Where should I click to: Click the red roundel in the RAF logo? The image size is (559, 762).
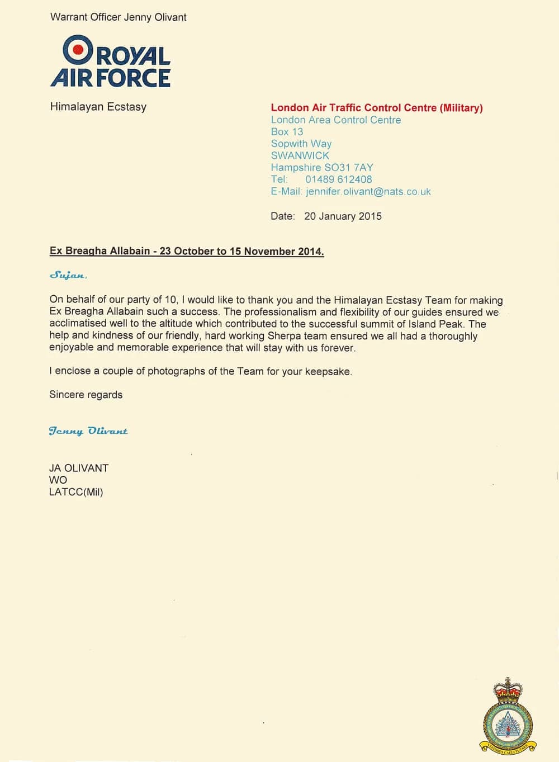(x=78, y=50)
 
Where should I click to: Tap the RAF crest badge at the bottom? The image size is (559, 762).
(x=508, y=716)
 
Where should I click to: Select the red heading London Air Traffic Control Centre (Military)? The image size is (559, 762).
(x=377, y=108)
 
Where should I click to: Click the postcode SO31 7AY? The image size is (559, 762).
(x=348, y=167)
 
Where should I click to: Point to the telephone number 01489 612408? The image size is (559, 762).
(x=338, y=179)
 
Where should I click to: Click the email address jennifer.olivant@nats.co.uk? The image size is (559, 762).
(x=368, y=191)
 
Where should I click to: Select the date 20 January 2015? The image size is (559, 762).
(x=343, y=216)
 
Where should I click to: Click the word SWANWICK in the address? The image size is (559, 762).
(x=300, y=155)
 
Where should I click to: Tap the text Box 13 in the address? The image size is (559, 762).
(x=287, y=132)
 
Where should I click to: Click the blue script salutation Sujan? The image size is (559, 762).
(x=68, y=275)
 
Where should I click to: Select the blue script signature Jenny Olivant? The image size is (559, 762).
(x=88, y=431)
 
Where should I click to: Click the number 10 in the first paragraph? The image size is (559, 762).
(x=170, y=300)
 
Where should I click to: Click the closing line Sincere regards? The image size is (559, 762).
(x=86, y=395)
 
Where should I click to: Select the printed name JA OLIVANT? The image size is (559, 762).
(x=79, y=468)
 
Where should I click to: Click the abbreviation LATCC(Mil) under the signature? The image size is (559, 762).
(x=76, y=492)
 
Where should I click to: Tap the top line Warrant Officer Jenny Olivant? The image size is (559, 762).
(x=118, y=17)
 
